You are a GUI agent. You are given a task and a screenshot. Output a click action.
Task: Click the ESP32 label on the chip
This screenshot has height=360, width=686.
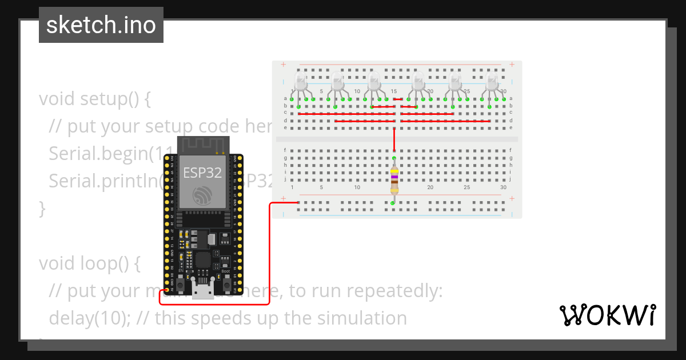point(202,173)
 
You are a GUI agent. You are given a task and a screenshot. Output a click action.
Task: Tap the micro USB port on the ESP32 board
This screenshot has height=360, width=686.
point(201,290)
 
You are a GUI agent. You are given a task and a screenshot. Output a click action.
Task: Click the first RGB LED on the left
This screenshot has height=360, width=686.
point(300,81)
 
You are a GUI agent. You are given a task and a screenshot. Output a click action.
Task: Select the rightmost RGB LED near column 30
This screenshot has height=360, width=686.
point(492,81)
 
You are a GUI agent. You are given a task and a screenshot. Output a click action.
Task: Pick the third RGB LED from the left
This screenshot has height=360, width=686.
point(374,81)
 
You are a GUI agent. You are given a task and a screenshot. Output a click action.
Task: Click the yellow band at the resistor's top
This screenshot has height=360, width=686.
point(394,170)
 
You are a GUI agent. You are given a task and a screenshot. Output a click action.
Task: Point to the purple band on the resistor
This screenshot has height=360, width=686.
point(394,177)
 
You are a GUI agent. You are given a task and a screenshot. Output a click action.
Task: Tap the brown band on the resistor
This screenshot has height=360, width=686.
point(394,182)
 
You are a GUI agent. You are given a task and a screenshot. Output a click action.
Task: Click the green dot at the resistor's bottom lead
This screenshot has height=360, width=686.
point(393,203)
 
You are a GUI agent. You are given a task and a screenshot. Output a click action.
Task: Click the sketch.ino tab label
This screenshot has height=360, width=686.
point(101,25)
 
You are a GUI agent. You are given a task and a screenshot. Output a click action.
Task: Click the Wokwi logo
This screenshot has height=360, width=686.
point(608,315)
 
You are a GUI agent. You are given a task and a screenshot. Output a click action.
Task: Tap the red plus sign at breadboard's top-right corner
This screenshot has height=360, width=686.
point(512,65)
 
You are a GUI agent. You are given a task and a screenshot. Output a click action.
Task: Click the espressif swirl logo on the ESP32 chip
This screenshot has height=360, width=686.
point(202,195)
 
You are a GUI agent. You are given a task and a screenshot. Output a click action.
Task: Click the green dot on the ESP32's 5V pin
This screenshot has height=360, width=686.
point(167,290)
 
